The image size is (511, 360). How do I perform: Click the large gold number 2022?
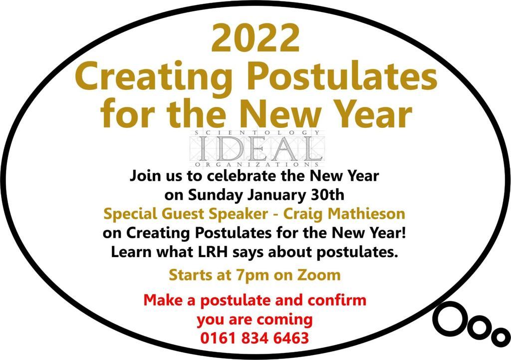pos(255,38)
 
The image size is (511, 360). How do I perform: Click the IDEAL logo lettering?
pos(257,148)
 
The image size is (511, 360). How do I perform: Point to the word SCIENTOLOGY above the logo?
pos(257,133)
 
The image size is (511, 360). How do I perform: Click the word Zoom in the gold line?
pos(319,275)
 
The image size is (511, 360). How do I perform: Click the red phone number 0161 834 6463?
pos(255,338)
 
